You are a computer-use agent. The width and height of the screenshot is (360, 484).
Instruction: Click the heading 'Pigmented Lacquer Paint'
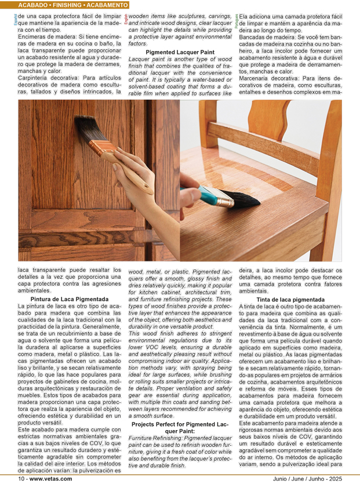(180, 52)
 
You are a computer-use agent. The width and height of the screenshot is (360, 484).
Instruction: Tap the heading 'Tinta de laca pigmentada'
(290, 300)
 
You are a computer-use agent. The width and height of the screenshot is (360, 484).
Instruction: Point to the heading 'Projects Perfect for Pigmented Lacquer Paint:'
(180, 427)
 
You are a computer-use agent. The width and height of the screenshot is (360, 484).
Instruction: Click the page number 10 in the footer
(21, 479)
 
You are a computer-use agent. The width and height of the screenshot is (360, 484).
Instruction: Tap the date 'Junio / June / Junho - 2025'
(308, 479)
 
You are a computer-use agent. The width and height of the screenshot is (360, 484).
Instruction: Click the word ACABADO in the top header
(34, 5)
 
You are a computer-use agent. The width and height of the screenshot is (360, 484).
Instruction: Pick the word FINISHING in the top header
(72, 5)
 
